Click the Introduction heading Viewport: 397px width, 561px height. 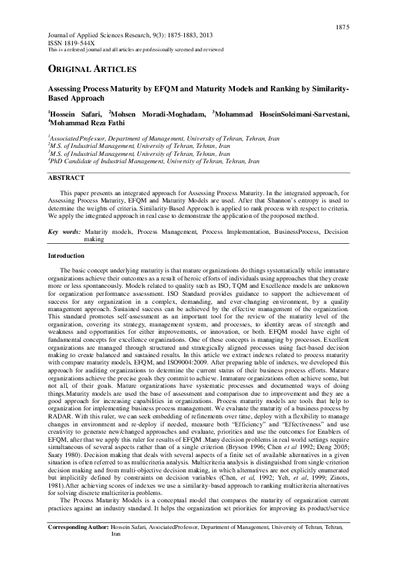66,256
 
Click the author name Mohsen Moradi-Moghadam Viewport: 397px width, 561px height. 157,114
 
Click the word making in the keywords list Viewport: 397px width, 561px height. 94,239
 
